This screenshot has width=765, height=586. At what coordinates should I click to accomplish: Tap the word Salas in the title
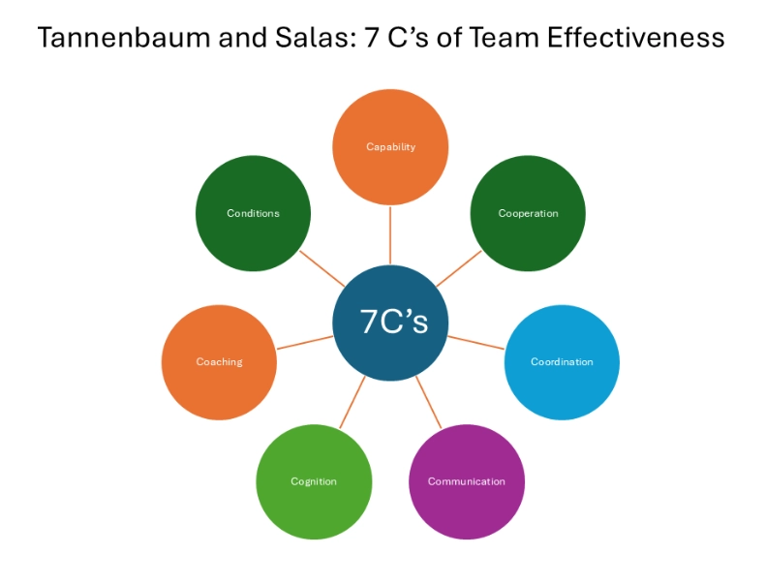[x=311, y=38]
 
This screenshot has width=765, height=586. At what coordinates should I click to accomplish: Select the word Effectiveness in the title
[x=635, y=38]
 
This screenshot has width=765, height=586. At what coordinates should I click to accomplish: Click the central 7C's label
[x=394, y=322]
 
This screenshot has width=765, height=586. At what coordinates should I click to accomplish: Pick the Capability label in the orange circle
[x=391, y=147]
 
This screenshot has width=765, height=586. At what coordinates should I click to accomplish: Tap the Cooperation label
[x=529, y=213]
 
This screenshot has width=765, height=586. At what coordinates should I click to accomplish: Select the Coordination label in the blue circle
[x=562, y=361]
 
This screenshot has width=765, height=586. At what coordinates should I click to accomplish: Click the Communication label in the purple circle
[x=467, y=481]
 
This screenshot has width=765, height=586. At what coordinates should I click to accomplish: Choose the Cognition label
[x=314, y=481]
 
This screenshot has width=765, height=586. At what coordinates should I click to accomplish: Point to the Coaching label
[x=220, y=361]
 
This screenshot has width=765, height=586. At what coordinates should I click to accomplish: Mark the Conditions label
[x=253, y=213]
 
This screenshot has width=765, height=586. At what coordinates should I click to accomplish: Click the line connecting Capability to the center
[x=390, y=235]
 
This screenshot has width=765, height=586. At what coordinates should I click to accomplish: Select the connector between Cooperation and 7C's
[x=459, y=269]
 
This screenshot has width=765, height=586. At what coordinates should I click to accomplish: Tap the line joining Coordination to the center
[x=476, y=343]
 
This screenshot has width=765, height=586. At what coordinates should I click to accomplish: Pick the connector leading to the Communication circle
[x=428, y=402]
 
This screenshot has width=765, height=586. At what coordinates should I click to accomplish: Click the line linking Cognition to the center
[x=352, y=402]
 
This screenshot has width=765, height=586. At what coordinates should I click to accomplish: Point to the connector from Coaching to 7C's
[x=305, y=343]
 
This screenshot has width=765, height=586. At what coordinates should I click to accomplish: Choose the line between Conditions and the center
[x=322, y=269]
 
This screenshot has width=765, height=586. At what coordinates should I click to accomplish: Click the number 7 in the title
[x=372, y=38]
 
